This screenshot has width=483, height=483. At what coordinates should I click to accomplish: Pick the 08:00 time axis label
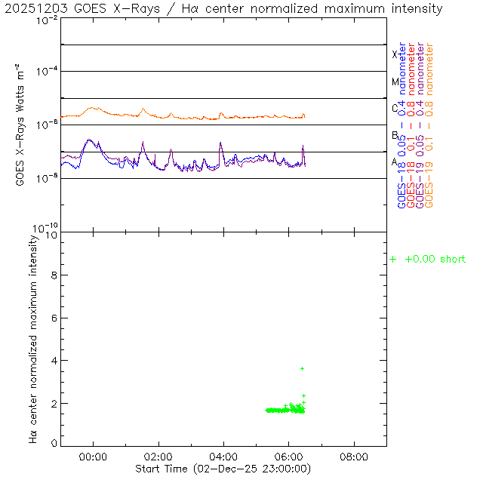[355, 457]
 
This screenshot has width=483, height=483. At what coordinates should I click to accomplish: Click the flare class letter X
[395, 54]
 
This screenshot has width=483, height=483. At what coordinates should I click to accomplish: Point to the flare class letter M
[395, 82]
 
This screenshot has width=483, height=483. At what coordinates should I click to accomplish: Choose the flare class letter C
[395, 108]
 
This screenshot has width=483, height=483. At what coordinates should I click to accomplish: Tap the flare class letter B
[395, 135]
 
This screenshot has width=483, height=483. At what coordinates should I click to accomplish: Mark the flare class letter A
[395, 162]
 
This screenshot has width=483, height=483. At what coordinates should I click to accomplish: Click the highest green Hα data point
[303, 368]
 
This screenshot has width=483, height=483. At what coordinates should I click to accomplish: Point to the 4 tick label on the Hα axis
[54, 361]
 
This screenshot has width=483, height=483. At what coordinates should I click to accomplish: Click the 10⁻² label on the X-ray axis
[48, 20]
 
